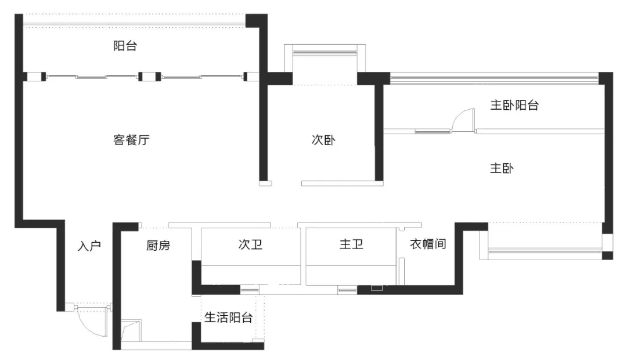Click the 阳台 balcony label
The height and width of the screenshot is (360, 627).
[125, 46]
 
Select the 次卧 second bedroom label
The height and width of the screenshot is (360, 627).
[323, 140]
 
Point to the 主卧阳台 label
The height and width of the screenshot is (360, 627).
[515, 106]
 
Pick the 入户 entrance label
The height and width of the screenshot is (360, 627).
[89, 246]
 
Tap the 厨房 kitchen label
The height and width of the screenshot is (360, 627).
[158, 246]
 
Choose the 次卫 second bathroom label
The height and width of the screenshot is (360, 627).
[250, 244]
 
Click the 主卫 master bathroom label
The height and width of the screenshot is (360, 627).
[351, 244]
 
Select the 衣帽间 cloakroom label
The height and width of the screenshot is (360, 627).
[428, 244]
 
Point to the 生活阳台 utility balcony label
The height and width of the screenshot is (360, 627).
[228, 318]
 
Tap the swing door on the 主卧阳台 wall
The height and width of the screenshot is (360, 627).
[462, 121]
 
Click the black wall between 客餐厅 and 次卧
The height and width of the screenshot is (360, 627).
[263, 131]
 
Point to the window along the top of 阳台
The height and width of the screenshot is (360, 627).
[135, 24]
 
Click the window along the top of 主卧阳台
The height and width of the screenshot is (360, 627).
[493, 75]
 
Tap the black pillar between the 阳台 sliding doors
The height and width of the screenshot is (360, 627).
[149, 76]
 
